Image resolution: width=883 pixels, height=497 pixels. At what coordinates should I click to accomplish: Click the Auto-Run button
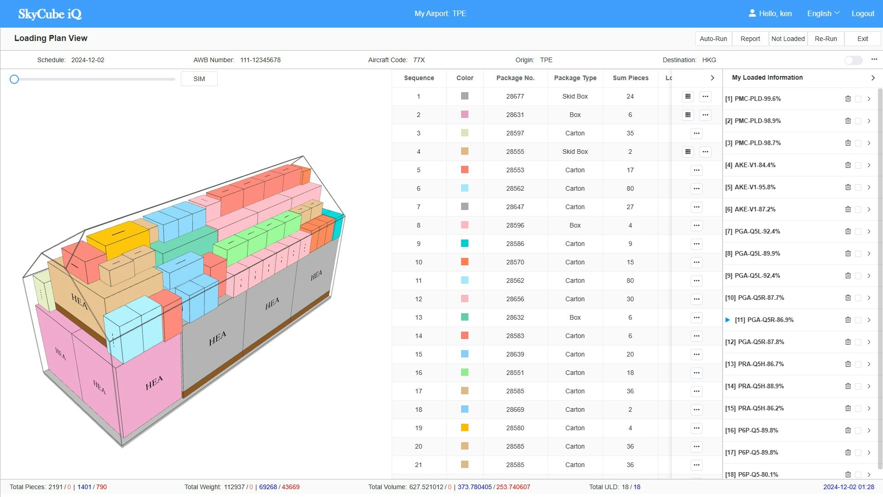tap(713, 39)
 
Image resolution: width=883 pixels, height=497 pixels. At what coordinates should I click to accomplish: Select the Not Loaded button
tap(788, 39)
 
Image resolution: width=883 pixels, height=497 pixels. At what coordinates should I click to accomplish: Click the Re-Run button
tap(825, 39)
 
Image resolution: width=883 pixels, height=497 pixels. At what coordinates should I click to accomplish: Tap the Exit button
tap(862, 39)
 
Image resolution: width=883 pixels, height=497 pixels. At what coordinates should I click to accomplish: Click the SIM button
tap(199, 79)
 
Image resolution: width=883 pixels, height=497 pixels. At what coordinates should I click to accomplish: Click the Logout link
tap(862, 13)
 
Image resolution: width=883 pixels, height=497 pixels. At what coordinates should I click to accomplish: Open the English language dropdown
tap(823, 13)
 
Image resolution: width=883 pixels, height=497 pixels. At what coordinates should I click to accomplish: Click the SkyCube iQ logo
tap(50, 14)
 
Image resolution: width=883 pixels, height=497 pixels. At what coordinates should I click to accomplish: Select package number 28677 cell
tap(515, 96)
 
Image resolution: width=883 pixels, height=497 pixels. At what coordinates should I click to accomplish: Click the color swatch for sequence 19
tap(465, 427)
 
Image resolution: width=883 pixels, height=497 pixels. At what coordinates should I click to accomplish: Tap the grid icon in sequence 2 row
tap(687, 115)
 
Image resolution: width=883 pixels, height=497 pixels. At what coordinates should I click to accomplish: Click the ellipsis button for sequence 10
tap(696, 262)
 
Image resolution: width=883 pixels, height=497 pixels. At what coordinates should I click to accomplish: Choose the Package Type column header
tap(575, 78)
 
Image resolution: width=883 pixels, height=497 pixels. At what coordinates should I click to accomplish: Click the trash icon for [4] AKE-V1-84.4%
tap(848, 165)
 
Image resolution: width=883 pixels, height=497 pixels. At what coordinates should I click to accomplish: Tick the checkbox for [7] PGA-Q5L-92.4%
tap(858, 232)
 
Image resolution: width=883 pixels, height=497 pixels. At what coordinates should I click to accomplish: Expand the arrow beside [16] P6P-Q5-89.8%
tap(869, 430)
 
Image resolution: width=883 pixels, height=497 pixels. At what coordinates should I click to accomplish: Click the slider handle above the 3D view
tap(14, 79)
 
